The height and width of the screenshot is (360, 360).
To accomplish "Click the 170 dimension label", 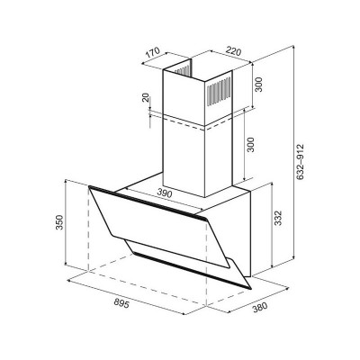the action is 154,54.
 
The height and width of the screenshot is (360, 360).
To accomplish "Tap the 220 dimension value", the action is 233,51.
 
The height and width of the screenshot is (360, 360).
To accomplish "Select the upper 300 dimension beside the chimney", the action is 259,85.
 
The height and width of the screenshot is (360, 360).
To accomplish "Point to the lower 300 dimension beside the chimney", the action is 250,145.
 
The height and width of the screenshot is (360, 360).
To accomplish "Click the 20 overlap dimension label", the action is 146,98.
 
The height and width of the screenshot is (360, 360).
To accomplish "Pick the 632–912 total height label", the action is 300,162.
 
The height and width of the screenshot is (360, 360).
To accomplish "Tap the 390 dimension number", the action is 165,193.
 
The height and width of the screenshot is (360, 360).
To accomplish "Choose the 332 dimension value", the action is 278,218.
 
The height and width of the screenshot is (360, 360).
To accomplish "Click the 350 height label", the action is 60,222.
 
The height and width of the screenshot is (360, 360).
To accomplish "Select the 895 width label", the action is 121,303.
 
